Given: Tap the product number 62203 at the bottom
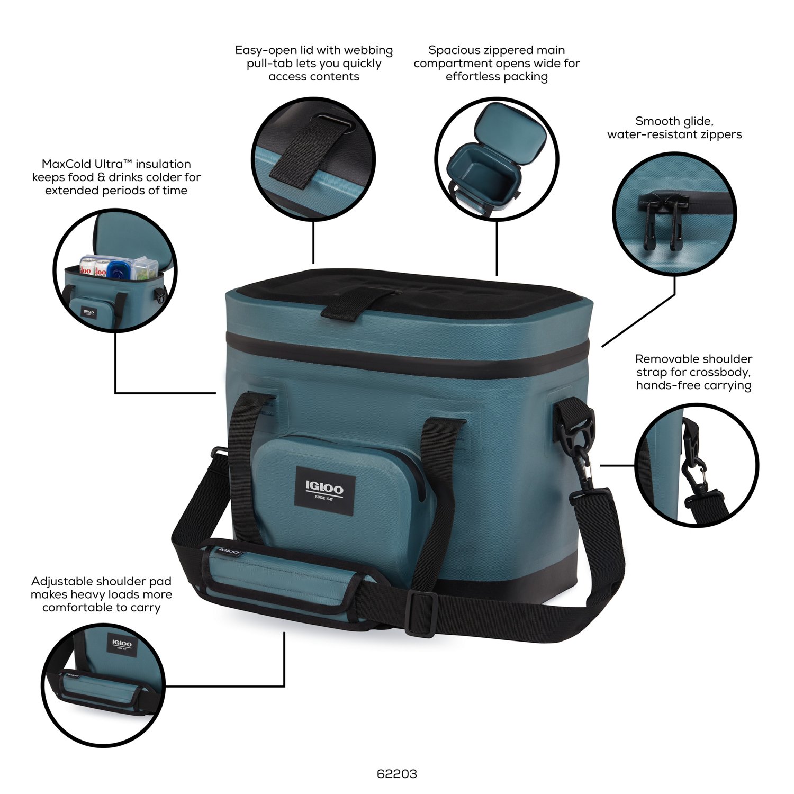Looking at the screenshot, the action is coord(397,774).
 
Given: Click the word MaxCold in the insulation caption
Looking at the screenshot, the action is coord(64,164).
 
